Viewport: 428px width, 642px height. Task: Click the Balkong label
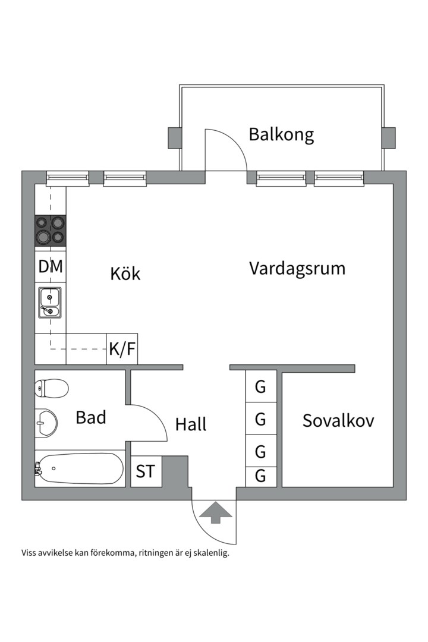(281, 134)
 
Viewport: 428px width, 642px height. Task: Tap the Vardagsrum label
(297, 268)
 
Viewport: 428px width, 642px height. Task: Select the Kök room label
(125, 273)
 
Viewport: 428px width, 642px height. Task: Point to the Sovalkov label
(338, 421)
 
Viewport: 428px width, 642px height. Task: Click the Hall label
(191, 424)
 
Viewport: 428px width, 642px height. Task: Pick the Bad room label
(91, 417)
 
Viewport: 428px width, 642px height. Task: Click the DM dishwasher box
(51, 267)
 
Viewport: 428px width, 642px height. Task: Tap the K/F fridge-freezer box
(122, 350)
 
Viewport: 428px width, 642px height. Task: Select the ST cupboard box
(146, 471)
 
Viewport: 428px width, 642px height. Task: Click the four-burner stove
(50, 230)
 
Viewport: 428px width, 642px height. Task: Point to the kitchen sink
(50, 302)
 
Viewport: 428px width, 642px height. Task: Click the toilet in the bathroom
(51, 388)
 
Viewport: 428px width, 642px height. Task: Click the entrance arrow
(215, 512)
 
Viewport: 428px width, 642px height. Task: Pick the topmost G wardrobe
(260, 387)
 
